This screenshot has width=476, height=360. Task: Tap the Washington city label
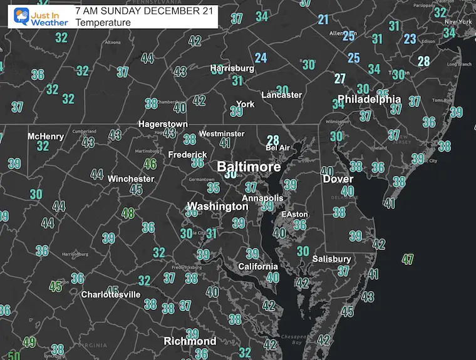tap(218, 206)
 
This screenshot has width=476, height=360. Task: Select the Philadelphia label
tap(369, 99)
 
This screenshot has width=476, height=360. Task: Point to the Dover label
tap(338, 179)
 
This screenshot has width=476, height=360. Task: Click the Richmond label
tap(190, 341)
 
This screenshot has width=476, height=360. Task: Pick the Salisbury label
tap(332, 259)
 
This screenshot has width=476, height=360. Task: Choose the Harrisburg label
tap(232, 68)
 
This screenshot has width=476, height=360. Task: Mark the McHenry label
tap(46, 136)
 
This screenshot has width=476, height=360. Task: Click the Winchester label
tap(130, 178)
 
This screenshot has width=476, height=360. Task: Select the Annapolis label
tap(264, 198)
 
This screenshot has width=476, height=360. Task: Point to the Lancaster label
tap(281, 95)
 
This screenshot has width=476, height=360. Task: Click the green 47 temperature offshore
tap(408, 258)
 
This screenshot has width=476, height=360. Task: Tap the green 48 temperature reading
tap(128, 213)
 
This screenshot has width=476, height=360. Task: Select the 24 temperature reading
tap(261, 58)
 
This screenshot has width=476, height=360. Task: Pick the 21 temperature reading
tap(323, 19)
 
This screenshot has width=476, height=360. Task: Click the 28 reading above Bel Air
tap(272, 140)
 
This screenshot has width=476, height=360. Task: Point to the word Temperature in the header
tap(103, 23)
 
